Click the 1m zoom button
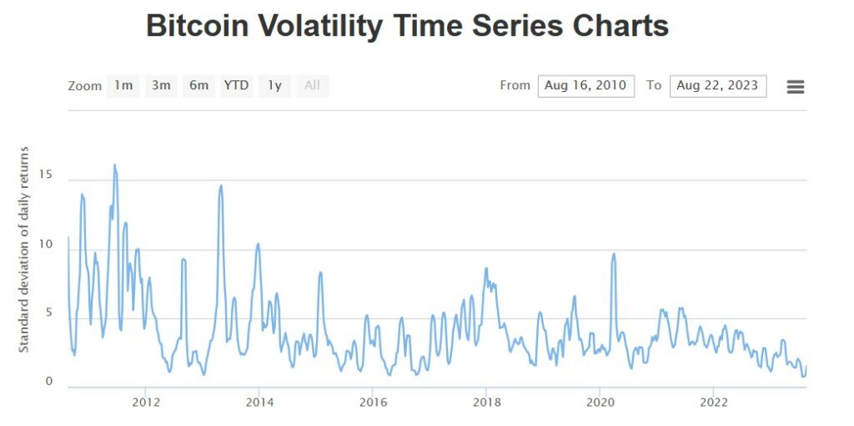pyautogui.click(x=123, y=85)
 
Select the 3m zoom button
pyautogui.click(x=161, y=85)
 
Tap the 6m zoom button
pyautogui.click(x=198, y=85)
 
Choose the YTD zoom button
pyautogui.click(x=236, y=85)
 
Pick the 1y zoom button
pyautogui.click(x=274, y=85)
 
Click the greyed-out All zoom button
pyautogui.click(x=312, y=85)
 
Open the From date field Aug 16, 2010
pyautogui.click(x=585, y=85)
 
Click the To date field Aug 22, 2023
pyautogui.click(x=717, y=85)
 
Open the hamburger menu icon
pyautogui.click(x=795, y=86)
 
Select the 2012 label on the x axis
pyautogui.click(x=146, y=402)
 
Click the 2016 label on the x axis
pyautogui.click(x=373, y=402)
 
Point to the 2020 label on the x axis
pyautogui.click(x=600, y=402)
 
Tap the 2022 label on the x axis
pyautogui.click(x=713, y=402)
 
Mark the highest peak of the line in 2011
pyautogui.click(x=114, y=165)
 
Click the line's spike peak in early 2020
pyautogui.click(x=614, y=254)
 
